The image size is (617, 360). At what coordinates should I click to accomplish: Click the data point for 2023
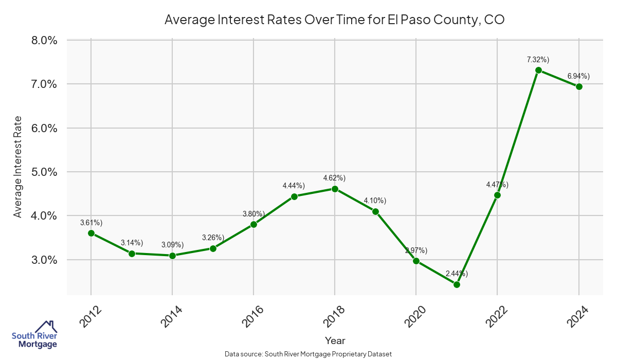pos(538,70)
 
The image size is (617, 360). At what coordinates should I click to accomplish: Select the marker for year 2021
pos(457,284)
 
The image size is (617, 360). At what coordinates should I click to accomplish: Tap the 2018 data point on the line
pos(335,189)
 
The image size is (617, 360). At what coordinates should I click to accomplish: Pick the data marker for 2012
pos(91,233)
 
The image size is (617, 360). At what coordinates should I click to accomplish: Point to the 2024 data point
pos(579,86)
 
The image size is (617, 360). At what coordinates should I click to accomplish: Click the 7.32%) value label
pos(538,60)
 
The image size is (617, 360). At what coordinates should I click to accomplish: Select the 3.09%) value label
pos(172,245)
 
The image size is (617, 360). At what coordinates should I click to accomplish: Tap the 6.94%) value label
pos(579,76)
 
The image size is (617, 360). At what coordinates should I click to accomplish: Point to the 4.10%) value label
pos(375,201)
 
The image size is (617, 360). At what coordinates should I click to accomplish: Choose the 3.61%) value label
pos(92,223)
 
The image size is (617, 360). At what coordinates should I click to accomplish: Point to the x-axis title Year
pos(335,340)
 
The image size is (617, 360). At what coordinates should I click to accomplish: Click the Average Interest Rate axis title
pos(18,167)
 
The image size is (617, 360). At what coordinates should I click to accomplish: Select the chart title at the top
pos(335,20)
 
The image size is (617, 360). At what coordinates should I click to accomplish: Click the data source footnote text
pos(308,354)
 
